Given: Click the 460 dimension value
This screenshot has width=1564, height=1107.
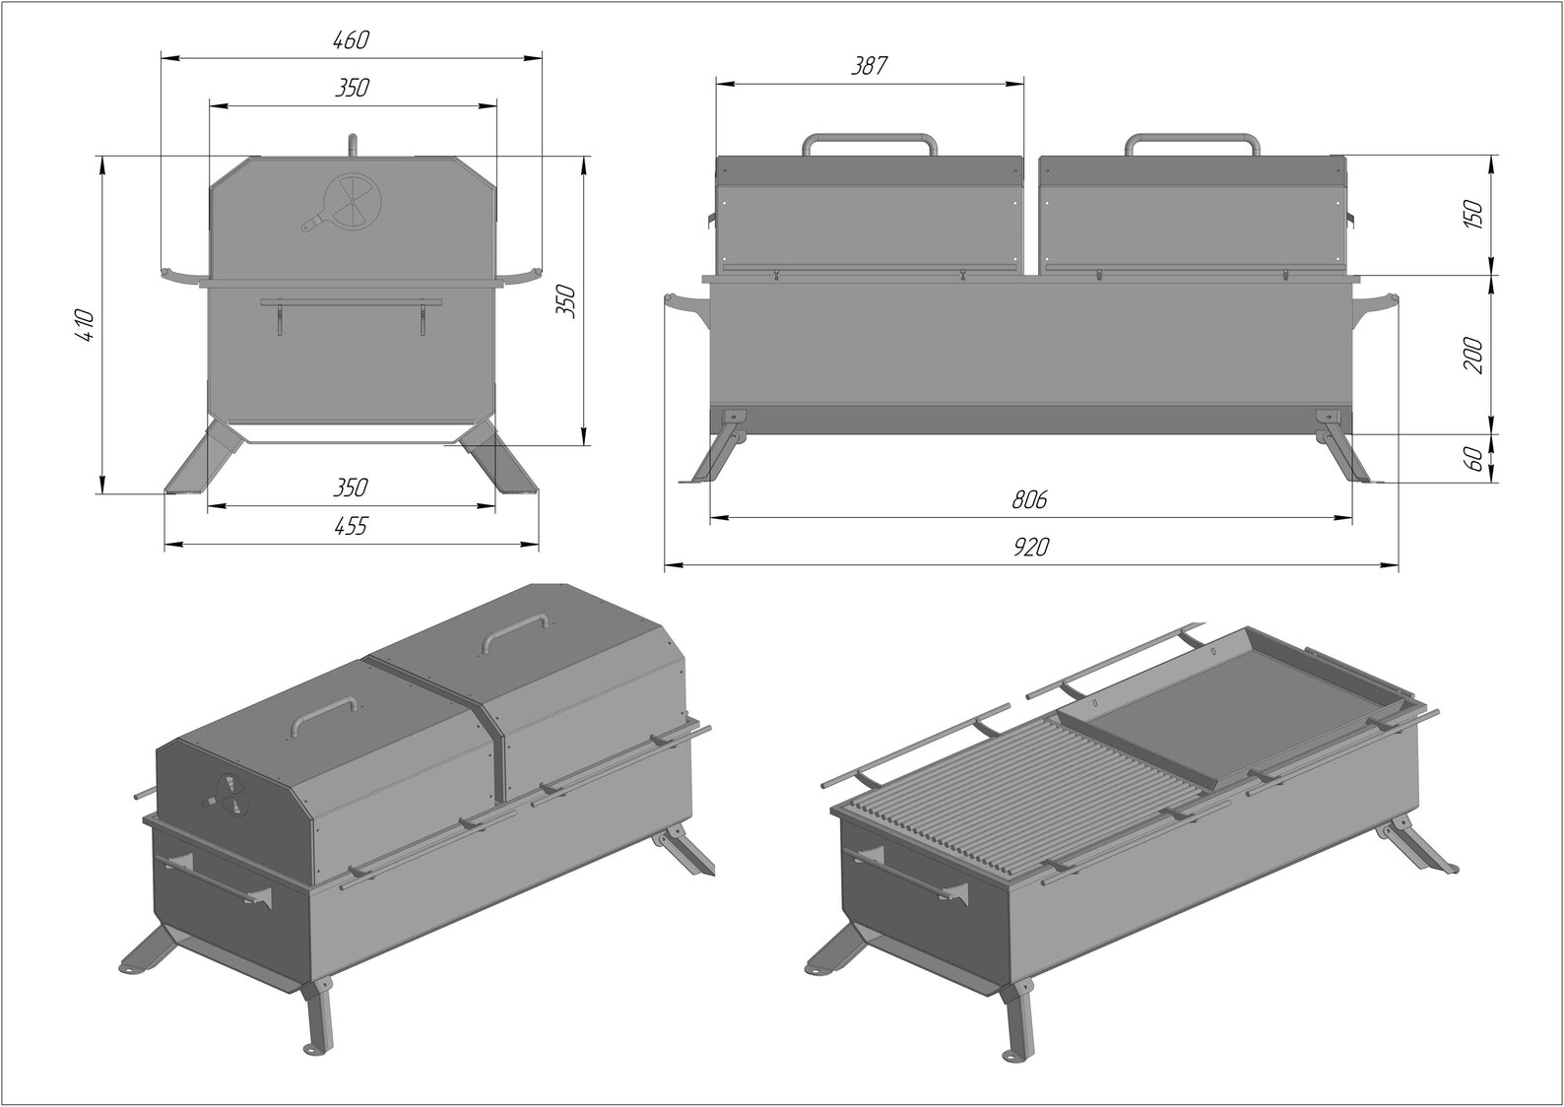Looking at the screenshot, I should point(351,40).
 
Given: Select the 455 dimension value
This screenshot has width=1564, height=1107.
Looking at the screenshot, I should point(351,526).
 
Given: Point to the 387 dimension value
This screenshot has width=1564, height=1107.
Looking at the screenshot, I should point(870,66).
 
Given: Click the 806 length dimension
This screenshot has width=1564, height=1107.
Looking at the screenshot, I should point(1030,499).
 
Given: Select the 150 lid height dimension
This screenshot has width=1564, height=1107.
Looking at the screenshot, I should point(1474,214).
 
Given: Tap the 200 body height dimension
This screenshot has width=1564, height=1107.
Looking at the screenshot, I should point(1474,355).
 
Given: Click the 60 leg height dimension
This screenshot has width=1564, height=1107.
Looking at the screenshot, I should point(1474,458).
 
